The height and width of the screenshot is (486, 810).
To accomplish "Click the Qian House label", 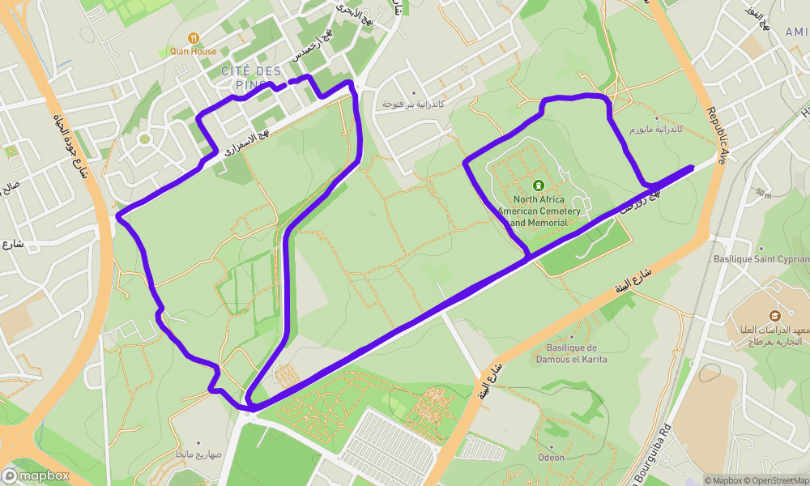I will coord(193,51).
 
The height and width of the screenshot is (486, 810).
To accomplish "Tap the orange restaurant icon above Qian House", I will coord(193,37).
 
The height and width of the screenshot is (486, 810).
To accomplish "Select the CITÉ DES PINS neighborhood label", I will coord(251,78).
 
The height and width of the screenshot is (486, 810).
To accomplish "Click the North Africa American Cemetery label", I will coord(539,211).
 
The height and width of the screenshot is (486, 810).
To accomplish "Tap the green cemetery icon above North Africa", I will coord(539,185).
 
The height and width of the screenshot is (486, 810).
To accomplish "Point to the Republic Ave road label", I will coord(717,134).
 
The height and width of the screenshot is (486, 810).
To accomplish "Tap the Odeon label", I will coord(552,458).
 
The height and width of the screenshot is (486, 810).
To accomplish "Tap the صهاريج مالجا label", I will coord(193,454).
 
